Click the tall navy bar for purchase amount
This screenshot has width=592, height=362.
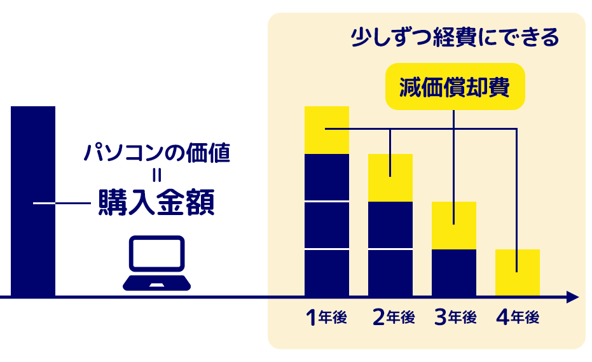(33, 201)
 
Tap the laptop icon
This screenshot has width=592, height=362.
(156, 263)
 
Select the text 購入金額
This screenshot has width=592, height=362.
(156, 202)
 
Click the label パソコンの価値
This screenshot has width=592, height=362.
(156, 153)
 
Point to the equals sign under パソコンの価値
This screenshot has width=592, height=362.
(156, 176)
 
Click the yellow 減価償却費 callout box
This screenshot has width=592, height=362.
(455, 87)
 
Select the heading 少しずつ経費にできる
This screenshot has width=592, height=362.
(455, 38)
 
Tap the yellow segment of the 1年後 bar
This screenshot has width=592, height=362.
(327, 130)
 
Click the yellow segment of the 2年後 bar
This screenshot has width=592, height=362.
(390, 178)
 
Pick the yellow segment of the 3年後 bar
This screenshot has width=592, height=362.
(454, 225)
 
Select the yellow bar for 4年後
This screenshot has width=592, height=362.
(517, 272)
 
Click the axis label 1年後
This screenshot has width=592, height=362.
(327, 317)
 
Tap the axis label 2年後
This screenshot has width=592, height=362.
(394, 317)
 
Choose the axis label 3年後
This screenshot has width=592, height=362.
(455, 317)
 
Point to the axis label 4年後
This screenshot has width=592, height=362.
(518, 317)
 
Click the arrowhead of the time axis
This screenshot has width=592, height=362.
(573, 297)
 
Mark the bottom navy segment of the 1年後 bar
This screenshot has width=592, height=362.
(327, 273)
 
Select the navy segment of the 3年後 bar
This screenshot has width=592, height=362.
(454, 272)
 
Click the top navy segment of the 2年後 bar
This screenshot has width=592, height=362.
(390, 225)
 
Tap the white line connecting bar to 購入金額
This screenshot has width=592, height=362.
(62, 204)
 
